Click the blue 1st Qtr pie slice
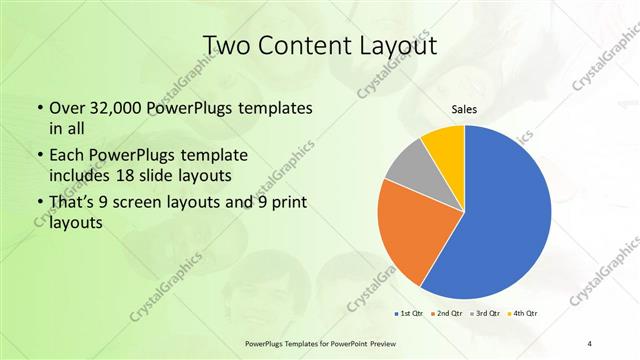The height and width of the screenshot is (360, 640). coord(500,215)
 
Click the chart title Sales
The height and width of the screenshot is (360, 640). coord(465,109)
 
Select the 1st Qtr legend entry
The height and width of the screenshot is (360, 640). coord(409,314)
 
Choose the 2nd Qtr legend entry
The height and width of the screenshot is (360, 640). coord(446,314)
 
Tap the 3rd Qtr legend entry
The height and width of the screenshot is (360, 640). coord(484,314)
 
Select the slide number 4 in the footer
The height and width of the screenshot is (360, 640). coord(589,343)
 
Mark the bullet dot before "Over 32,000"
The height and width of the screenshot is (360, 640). coord(38,107)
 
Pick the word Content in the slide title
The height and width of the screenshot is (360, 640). coord(309,45)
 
